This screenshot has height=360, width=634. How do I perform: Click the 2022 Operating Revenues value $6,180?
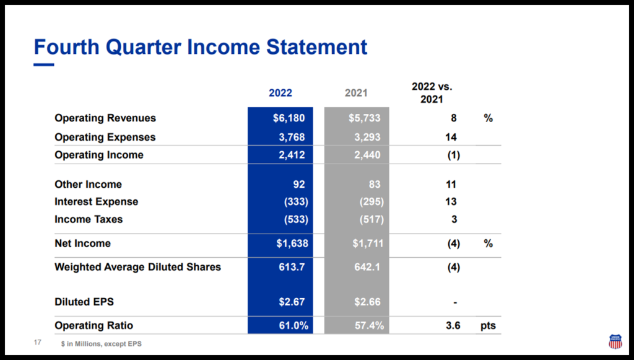[289, 118]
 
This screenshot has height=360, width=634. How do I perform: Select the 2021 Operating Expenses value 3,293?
[367, 137]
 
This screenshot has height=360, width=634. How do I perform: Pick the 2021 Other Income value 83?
[372, 184]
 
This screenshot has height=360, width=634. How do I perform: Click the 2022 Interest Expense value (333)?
[296, 201]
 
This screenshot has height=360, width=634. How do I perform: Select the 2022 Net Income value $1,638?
[292, 244]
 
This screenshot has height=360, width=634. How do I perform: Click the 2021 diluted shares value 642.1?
[367, 267]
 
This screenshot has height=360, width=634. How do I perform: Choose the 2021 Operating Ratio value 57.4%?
[368, 325]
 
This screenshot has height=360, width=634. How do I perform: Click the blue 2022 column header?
[280, 93]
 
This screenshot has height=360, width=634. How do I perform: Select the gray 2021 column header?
[356, 93]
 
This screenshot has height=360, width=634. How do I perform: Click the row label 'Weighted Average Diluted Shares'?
[137, 267]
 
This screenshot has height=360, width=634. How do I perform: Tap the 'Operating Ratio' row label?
[93, 325]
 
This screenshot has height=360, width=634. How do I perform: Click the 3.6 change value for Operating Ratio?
[453, 325]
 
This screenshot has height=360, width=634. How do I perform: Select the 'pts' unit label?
[488, 325]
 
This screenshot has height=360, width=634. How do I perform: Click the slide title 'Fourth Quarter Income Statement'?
[200, 47]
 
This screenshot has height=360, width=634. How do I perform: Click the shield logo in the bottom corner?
[615, 341]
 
